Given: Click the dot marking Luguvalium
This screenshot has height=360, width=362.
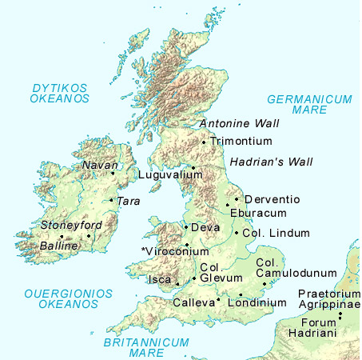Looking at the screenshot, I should pyautogui.click(x=192, y=167).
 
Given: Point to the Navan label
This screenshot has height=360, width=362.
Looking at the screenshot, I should pyautogui.click(x=96, y=166).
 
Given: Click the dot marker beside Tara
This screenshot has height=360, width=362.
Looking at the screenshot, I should pyautogui.click(x=111, y=200).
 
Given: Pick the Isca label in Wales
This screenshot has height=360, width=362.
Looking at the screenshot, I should pyautogui.click(x=161, y=281).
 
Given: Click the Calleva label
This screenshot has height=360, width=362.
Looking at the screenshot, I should pyautogui.click(x=193, y=303).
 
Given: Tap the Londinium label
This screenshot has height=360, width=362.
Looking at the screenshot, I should pyautogui.click(x=257, y=303).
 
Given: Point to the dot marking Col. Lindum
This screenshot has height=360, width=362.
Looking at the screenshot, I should pyautogui.click(x=237, y=233).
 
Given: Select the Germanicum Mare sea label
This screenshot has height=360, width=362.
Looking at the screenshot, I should pyautogui.click(x=309, y=106).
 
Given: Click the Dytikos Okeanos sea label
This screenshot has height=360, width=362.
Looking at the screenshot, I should pyautogui.click(x=59, y=93).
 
